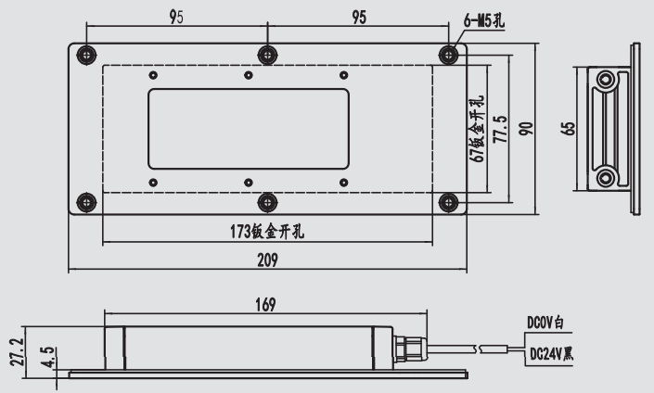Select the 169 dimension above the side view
click(x=263, y=303)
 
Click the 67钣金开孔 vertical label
click(x=479, y=130)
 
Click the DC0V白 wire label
click(x=545, y=323)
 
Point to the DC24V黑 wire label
click(x=550, y=353)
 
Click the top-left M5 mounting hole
click(x=86, y=53)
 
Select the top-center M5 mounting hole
click(x=267, y=53)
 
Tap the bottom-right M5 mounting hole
click(x=448, y=201)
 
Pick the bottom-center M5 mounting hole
click(x=267, y=201)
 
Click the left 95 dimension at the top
click(x=176, y=18)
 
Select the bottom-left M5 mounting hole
click(x=86, y=201)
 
